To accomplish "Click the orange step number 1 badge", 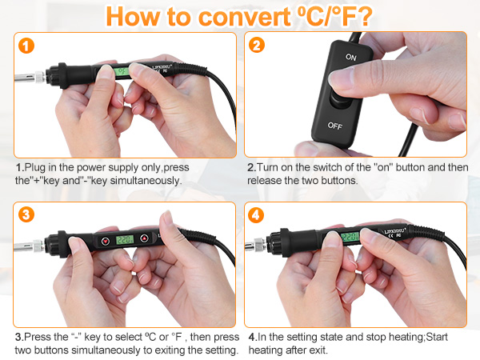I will pos(28,46).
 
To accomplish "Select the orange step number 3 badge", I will pos(28,216).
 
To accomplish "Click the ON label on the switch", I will pos(351,58).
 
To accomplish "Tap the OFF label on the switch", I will pos(334,126).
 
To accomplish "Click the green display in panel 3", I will pos(124,240).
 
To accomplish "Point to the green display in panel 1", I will pos(122,73).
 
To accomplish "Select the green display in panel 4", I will pos(350,237).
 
